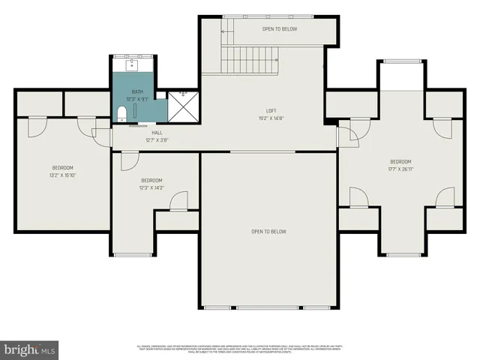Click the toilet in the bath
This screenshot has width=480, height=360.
(x=121, y=114)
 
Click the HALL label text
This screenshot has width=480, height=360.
(x=157, y=132)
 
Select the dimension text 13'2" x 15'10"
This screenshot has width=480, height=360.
(x=63, y=175)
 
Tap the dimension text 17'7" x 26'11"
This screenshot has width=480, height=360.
(x=400, y=169)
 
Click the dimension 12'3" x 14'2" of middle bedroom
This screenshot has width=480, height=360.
(x=152, y=188)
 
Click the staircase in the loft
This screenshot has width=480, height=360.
(x=251, y=58)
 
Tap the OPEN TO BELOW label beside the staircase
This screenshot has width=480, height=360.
(x=279, y=29)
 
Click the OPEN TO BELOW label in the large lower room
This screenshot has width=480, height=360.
(x=268, y=232)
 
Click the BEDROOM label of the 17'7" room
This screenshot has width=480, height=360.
(x=400, y=162)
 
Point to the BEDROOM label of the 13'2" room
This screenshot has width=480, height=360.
(x=63, y=167)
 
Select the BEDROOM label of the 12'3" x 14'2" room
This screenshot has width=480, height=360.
(x=152, y=181)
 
